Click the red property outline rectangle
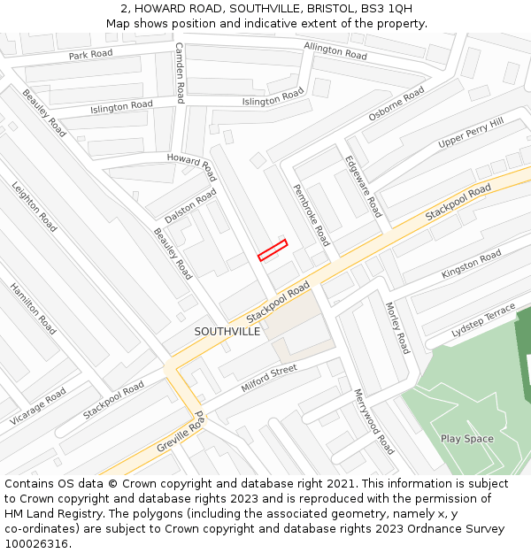pyautogui.click(x=273, y=250)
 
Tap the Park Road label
pyautogui.click(x=91, y=55)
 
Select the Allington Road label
pyautogui.click(x=335, y=51)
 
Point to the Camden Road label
pyautogui.click(x=179, y=73)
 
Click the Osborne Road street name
pyautogui.click(x=396, y=104)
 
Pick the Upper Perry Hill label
pyautogui.click(x=471, y=133)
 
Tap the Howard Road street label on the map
pyautogui.click(x=191, y=165)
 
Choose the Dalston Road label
pyautogui.click(x=190, y=205)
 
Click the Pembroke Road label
pyautogui.click(x=311, y=215)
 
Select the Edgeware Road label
pyautogui.click(x=363, y=186)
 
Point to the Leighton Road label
pyautogui.click(x=35, y=207)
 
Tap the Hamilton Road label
pyautogui.click(x=33, y=308)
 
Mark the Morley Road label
pyautogui.click(x=397, y=327)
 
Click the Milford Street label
pyautogui.click(x=269, y=379)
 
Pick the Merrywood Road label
pyautogui.click(x=373, y=421)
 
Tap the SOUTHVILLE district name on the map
pyautogui.click(x=227, y=331)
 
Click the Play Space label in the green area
pyautogui.click(x=466, y=439)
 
